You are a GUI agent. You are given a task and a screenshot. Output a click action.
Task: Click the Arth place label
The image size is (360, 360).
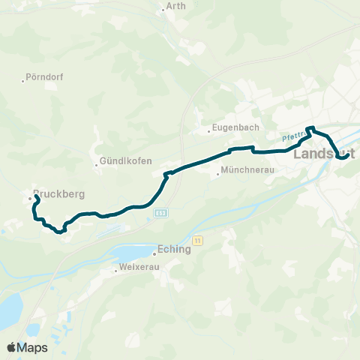[x=176, y=6]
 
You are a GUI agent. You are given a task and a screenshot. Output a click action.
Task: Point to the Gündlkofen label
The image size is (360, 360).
[x=127, y=162]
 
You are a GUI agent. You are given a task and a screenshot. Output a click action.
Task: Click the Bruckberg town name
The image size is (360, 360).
[x=60, y=193]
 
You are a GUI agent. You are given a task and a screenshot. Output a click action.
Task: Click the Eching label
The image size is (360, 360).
[x=175, y=250]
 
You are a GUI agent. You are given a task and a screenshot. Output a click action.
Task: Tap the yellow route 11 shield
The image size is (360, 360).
[x=197, y=240]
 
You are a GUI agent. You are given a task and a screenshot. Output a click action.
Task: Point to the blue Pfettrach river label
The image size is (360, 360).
[x=295, y=136]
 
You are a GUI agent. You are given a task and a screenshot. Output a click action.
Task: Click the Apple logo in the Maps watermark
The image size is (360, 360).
[x=11, y=347]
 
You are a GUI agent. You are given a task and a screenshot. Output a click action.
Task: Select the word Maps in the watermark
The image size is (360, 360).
[x=33, y=347]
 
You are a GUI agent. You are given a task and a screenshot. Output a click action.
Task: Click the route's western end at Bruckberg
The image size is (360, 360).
[x=36, y=196]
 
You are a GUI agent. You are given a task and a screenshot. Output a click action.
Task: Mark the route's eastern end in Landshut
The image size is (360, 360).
[x=344, y=157]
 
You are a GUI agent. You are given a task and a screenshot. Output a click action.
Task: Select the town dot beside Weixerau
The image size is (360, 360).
[x=117, y=268]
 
